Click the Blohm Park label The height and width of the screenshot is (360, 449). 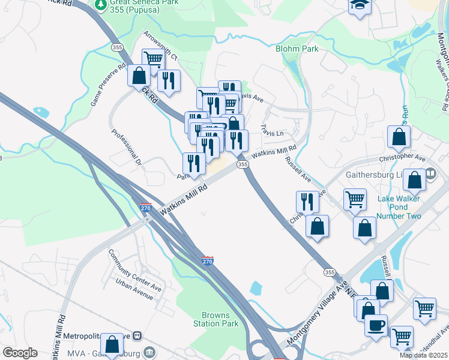(297, 49)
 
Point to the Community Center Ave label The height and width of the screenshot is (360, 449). (134, 270)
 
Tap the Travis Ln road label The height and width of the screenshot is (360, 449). (271, 132)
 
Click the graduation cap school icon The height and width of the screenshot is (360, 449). (360, 5)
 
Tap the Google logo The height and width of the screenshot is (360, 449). (20, 353)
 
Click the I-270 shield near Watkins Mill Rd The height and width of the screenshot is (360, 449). (146, 208)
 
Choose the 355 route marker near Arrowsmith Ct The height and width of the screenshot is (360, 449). (117, 46)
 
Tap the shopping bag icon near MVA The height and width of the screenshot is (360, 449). (112, 344)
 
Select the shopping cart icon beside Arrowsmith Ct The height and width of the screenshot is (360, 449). (154, 59)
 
